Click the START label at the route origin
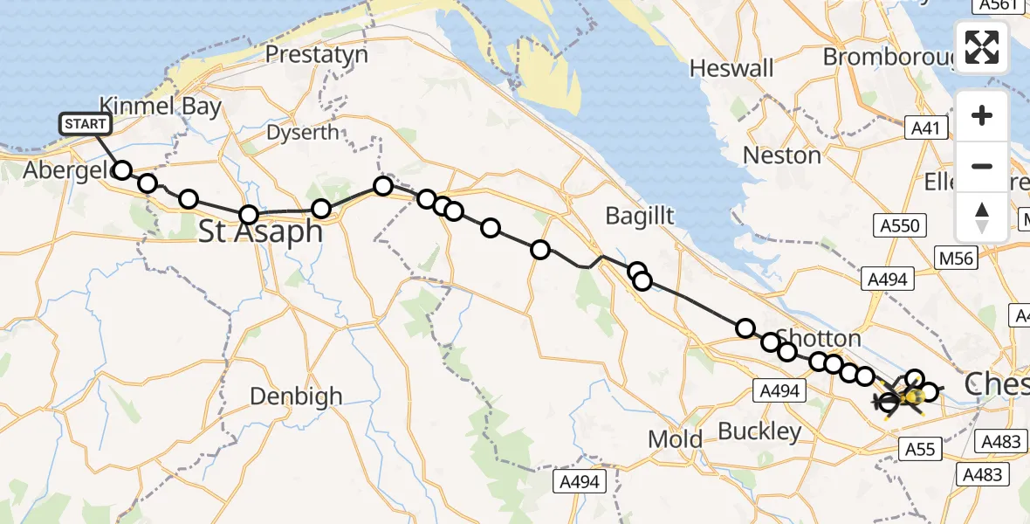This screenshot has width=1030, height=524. pyautogui.click(x=85, y=124)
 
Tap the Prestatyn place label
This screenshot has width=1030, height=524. pyautogui.click(x=316, y=54)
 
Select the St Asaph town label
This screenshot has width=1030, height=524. pyautogui.click(x=261, y=232)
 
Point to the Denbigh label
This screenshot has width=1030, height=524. pyautogui.click(x=296, y=396)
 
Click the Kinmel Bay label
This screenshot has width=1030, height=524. pyautogui.click(x=161, y=107)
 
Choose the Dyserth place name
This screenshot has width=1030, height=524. pyautogui.click(x=302, y=133)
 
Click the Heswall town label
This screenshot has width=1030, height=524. pyautogui.click(x=731, y=67)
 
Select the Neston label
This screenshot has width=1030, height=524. pyautogui.click(x=781, y=155)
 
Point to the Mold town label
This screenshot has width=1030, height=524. pyautogui.click(x=676, y=438)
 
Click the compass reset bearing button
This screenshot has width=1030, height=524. pyautogui.click(x=982, y=217)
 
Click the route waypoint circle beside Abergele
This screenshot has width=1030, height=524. pyautogui.click(x=122, y=170)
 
